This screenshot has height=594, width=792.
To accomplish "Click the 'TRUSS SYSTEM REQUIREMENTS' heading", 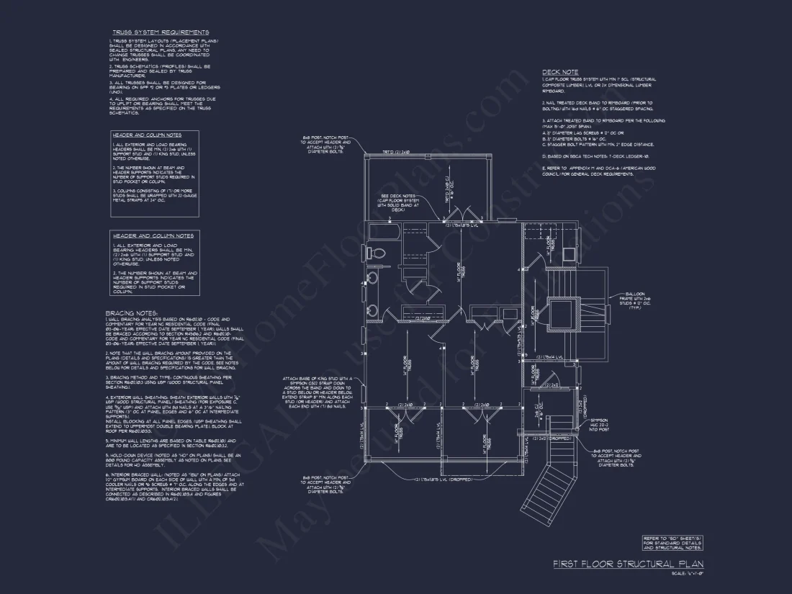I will click(160, 32).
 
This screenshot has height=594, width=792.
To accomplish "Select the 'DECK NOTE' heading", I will click(559, 72).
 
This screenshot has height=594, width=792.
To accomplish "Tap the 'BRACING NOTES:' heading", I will click(131, 312).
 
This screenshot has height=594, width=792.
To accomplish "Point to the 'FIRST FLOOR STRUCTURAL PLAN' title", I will click(628, 564).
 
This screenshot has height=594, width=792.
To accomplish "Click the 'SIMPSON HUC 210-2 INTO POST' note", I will click(599, 424).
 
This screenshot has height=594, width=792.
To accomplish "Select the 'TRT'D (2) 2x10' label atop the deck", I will click(395, 153).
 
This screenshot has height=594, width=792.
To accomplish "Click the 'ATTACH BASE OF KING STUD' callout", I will click(318, 392).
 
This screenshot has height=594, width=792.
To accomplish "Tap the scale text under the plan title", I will click(687, 573).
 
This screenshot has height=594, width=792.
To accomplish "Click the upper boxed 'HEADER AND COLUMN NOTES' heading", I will click(146, 135).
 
